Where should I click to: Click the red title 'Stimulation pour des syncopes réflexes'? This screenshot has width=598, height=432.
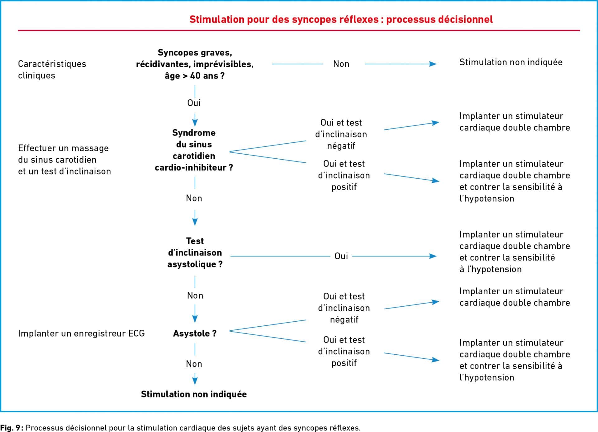point(284,19)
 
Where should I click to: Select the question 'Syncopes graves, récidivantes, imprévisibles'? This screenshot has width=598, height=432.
point(195,58)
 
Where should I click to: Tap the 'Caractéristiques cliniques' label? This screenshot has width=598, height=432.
point(52,70)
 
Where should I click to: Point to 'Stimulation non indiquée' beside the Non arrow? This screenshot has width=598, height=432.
point(511,62)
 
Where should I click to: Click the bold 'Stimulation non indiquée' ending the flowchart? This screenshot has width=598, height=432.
point(194,394)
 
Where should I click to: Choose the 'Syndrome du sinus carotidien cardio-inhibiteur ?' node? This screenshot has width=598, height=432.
point(194,150)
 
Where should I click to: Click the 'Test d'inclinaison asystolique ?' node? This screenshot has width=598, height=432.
point(195,252)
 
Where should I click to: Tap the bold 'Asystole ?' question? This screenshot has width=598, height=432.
point(195,333)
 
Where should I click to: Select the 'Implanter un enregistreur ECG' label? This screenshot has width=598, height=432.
point(81,333)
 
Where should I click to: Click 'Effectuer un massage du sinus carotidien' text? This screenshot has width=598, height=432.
point(63,154)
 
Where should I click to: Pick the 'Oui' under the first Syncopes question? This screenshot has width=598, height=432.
point(194,103)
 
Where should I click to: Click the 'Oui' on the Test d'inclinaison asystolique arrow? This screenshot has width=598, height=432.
point(341,256)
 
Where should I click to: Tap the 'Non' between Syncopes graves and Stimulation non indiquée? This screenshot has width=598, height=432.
point(341,64)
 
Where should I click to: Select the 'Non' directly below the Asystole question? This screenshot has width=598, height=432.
point(194,364)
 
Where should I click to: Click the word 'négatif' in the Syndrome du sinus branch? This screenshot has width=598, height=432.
point(341,146)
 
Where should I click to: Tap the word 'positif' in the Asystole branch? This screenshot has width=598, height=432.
point(344,363)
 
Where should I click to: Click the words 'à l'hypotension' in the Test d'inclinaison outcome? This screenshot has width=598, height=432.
point(491,269)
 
